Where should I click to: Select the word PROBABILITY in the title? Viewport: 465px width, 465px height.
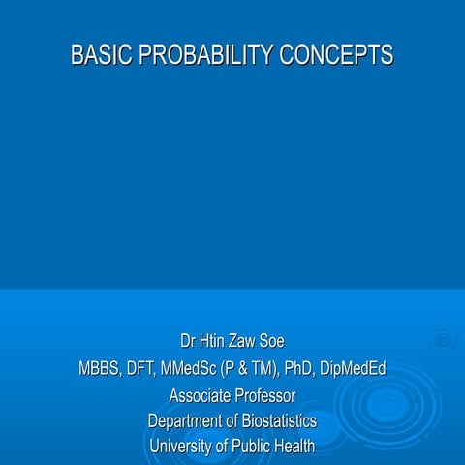[204, 55]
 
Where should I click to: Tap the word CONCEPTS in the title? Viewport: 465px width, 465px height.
[336, 55]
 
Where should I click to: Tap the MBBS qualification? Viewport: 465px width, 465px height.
[100, 369]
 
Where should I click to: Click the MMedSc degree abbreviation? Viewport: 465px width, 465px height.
[197, 369]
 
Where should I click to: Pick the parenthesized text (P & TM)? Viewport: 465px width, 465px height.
[260, 369]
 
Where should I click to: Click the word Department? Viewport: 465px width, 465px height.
[189, 421]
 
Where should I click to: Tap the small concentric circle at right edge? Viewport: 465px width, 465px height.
[445, 339]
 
